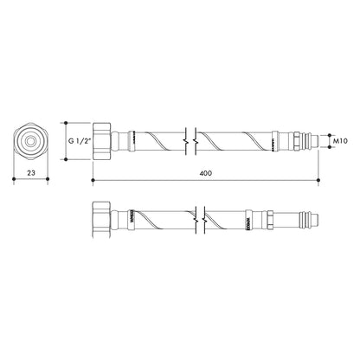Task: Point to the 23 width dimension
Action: [30, 174]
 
